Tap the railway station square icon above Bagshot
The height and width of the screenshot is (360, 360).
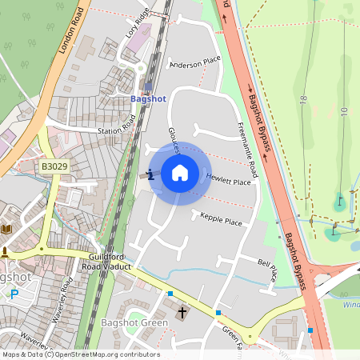click(x=148, y=86)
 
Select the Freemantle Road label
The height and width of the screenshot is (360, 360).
click(x=248, y=149)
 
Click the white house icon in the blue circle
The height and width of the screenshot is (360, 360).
click(x=180, y=173)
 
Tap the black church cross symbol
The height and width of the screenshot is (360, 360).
click(x=182, y=313)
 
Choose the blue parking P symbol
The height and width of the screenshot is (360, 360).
click(x=14, y=294)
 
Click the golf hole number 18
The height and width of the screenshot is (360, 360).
click(x=303, y=99)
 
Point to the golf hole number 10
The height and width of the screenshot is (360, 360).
click(x=344, y=110)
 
